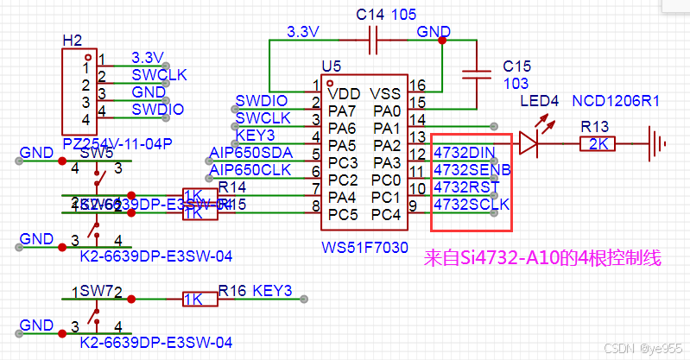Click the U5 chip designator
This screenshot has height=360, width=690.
[331, 66]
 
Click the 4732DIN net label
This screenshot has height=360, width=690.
[464, 153]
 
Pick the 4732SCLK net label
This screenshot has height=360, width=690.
[471, 205]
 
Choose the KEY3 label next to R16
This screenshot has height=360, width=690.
[273, 290]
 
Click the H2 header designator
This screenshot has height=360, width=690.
[73, 41]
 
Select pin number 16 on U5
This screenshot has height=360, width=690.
[418, 85]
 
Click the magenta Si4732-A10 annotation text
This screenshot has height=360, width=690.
[544, 257]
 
